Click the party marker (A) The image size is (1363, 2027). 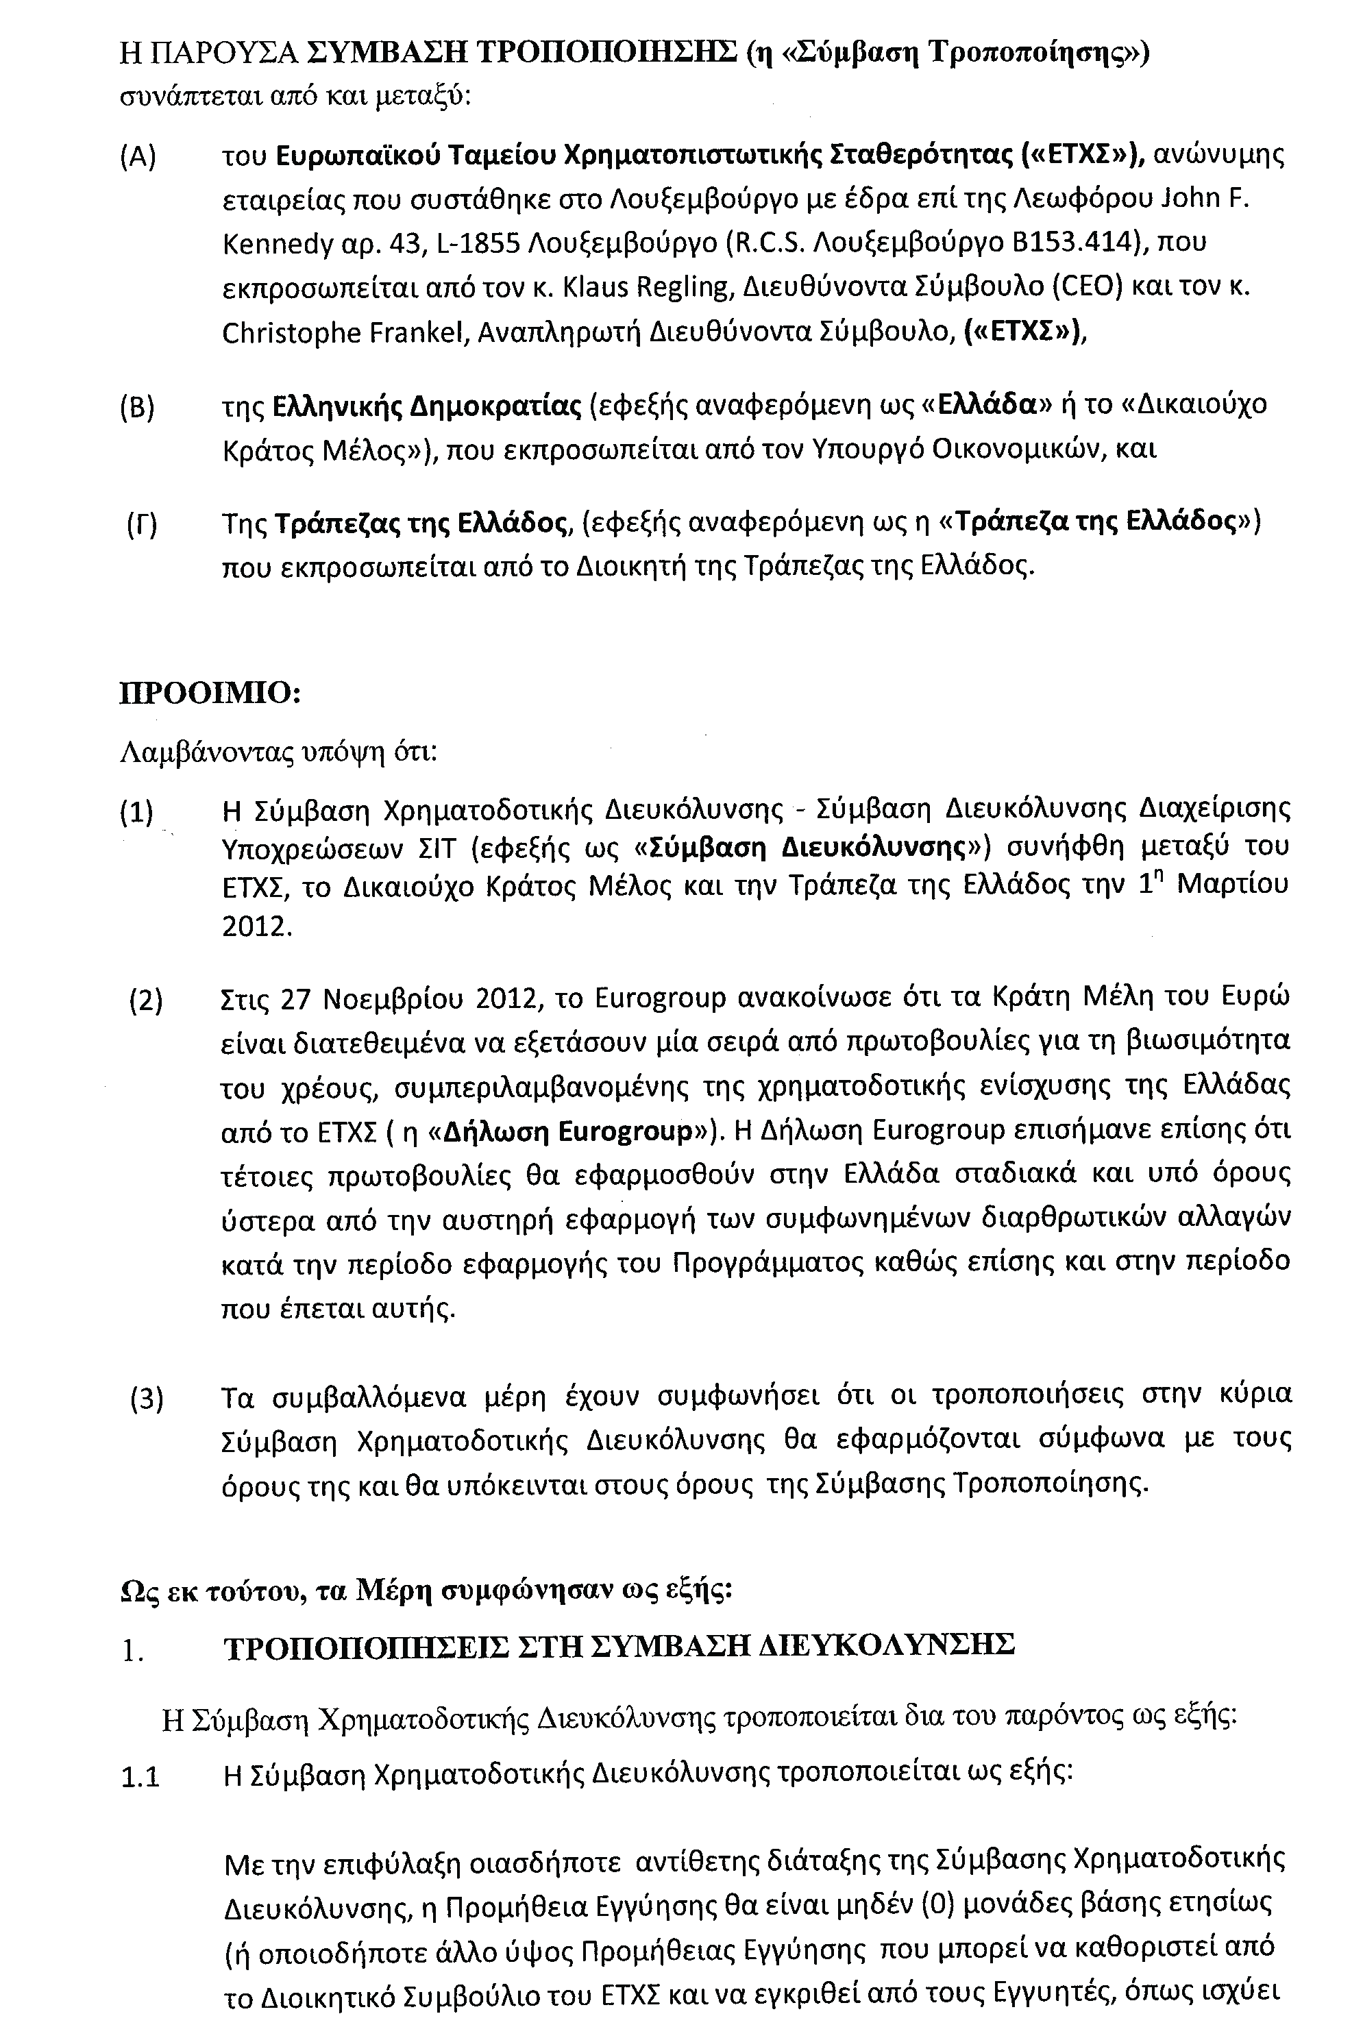tap(137, 156)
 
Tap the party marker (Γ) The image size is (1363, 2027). tap(142, 525)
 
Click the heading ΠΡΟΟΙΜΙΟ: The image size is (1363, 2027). tap(210, 693)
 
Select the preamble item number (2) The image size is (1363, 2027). tap(146, 1000)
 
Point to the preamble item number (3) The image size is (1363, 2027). tap(146, 1399)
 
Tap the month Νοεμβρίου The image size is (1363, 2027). tap(395, 1000)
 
